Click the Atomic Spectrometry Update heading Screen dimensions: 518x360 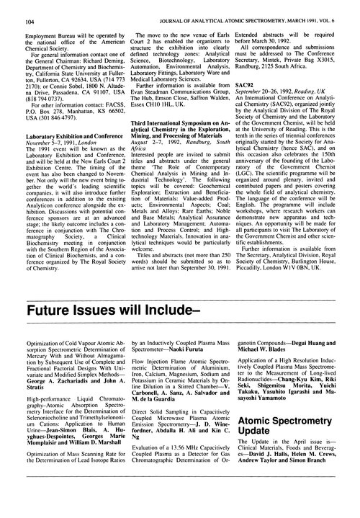click(293, 455)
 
